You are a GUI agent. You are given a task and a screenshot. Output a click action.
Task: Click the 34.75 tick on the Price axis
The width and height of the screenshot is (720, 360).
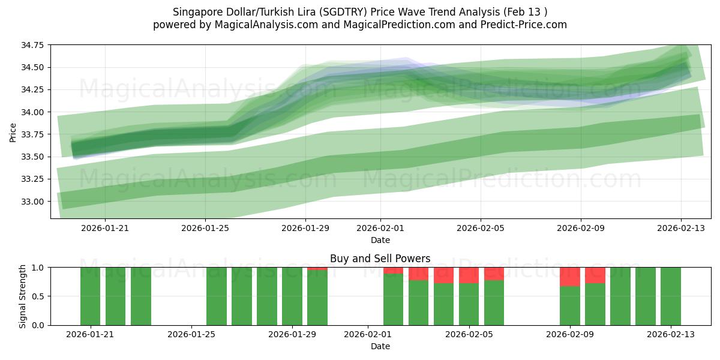(x=35, y=45)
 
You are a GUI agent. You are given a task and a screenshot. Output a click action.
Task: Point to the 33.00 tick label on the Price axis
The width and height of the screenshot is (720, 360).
(x=35, y=202)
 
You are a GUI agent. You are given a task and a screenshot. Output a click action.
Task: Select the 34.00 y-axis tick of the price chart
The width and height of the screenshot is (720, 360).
(x=35, y=112)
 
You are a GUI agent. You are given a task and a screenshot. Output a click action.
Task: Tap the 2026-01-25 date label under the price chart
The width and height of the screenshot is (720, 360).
(x=205, y=228)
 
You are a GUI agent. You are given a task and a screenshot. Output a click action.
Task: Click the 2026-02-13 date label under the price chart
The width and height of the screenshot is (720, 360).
(x=680, y=228)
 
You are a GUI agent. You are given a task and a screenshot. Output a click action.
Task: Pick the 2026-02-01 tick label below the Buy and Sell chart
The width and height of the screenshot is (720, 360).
(x=367, y=334)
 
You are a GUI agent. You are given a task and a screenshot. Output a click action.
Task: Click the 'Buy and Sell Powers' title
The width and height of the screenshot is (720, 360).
(x=380, y=259)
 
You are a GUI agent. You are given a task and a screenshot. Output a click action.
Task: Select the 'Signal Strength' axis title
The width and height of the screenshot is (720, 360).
(x=22, y=296)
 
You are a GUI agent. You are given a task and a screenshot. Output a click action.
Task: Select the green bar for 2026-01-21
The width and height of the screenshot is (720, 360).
(x=90, y=296)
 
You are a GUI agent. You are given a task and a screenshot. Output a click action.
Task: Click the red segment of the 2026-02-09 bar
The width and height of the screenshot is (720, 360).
(x=569, y=277)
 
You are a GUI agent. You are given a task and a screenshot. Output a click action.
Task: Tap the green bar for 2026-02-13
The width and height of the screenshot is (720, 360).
(x=670, y=296)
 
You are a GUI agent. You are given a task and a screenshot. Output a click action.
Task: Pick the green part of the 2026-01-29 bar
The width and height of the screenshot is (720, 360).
(x=292, y=296)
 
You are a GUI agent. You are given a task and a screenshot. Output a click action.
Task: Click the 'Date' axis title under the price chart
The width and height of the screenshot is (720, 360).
(x=380, y=240)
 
